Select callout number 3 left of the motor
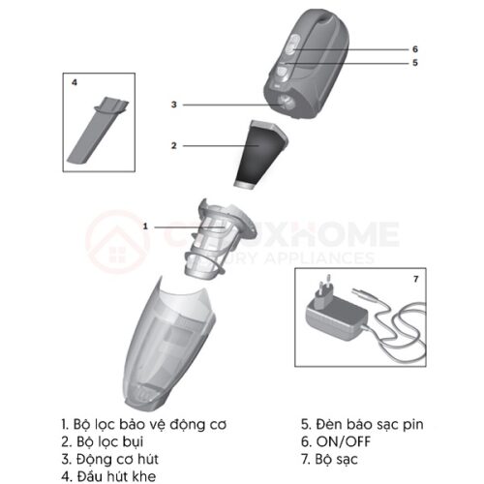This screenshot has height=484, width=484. pyautogui.click(x=173, y=104)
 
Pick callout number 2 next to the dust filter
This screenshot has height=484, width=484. pyautogui.click(x=173, y=145)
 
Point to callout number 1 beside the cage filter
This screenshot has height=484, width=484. pyautogui.click(x=145, y=226)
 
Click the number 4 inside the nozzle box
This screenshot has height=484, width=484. pyautogui.click(x=75, y=83)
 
